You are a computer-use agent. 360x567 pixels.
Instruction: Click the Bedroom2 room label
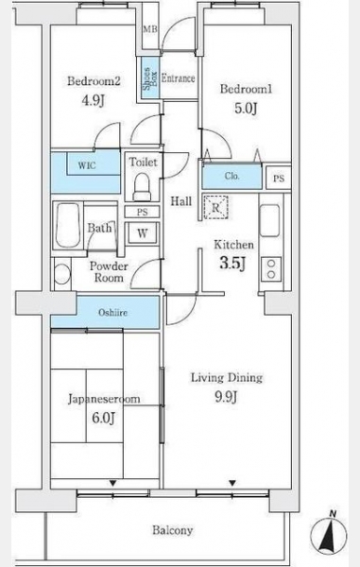coord(94,81)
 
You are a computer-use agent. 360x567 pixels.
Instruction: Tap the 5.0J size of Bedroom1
coord(246,108)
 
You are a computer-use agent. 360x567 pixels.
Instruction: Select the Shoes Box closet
coord(150,78)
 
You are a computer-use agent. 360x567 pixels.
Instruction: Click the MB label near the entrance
coord(150,29)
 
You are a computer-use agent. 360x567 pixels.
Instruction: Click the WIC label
coord(87,165)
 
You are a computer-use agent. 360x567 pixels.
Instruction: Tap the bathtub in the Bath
coord(68,225)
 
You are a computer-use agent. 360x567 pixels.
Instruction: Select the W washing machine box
coord(142,233)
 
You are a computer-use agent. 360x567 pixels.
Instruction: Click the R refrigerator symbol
coord(215,208)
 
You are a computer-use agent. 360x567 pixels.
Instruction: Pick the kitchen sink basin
coord(269,220)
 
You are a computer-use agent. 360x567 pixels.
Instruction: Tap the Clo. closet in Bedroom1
coord(231,177)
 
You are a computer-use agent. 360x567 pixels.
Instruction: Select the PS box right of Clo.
coord(279,178)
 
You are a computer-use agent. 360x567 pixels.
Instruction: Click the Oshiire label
coord(113,313)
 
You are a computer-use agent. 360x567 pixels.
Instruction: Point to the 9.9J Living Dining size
coord(226,398)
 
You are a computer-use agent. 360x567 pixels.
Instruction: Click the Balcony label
coord(172,530)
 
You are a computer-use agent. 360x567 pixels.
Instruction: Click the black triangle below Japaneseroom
coord(113,483)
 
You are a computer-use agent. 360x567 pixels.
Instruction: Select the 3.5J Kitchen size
coord(233,263)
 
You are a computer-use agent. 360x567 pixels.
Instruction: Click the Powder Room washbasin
coord(61,274)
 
